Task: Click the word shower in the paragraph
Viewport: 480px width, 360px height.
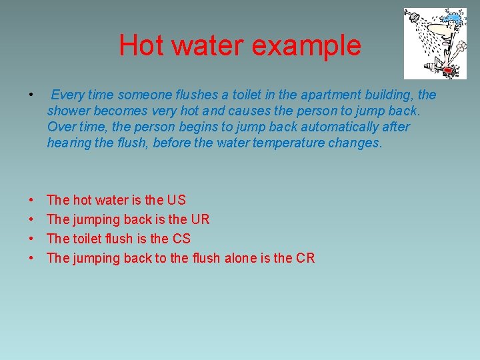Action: click(69, 111)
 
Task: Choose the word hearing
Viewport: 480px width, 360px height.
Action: click(69, 143)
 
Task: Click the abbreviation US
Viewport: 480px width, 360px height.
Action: click(177, 200)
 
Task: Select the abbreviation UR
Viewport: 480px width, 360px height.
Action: click(200, 219)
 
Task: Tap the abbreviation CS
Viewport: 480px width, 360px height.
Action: click(181, 239)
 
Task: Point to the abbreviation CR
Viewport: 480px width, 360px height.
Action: click(306, 258)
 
